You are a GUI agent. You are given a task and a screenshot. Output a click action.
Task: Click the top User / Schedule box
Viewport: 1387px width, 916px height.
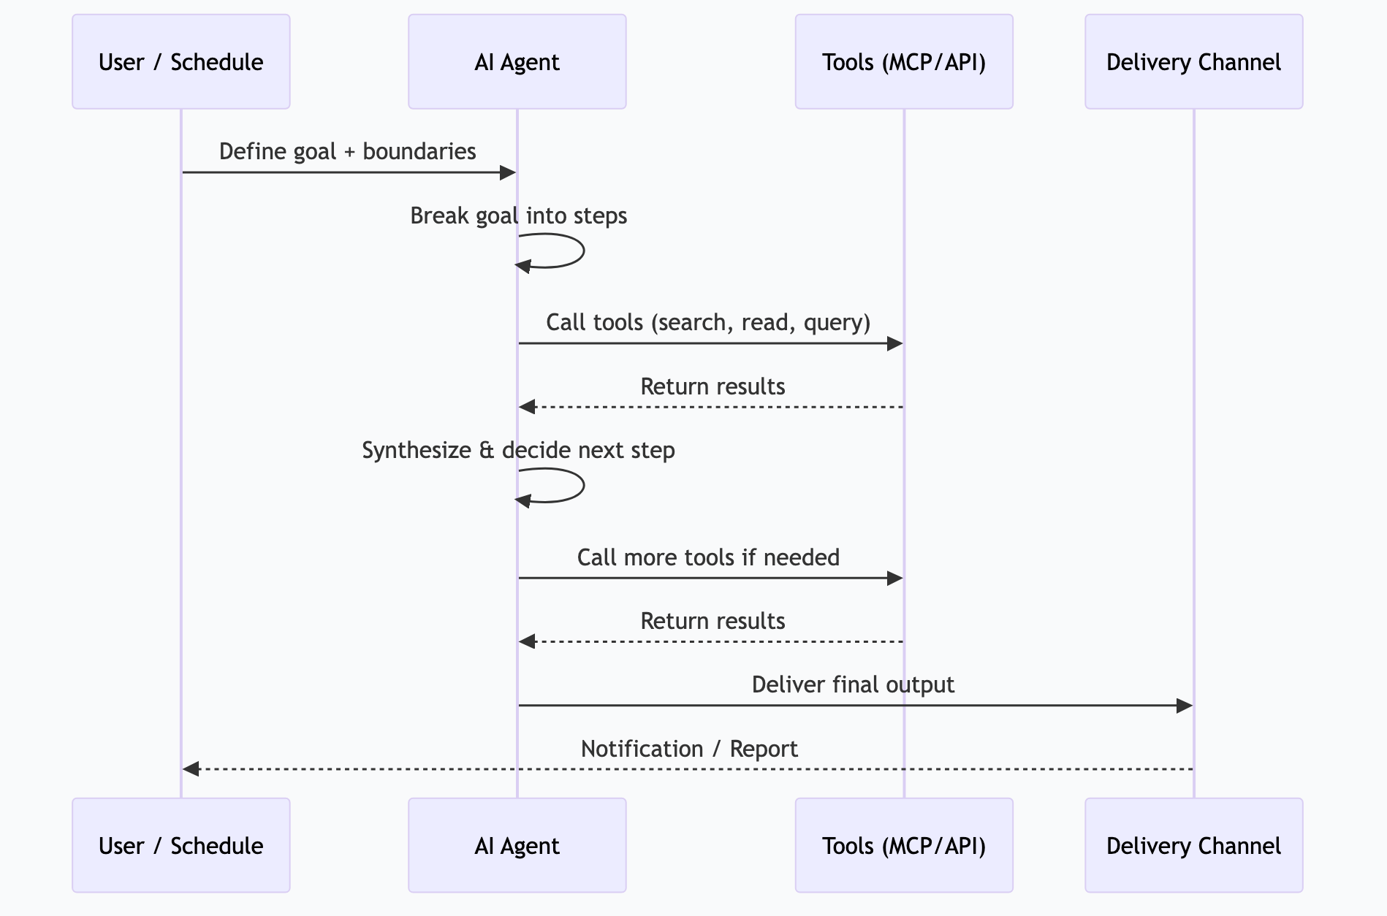pyautogui.click(x=180, y=62)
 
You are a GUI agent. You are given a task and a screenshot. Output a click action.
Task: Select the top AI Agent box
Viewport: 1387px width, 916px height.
pyautogui.click(x=517, y=62)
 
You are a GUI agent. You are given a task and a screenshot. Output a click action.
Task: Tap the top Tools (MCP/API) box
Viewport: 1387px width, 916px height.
pyautogui.click(x=904, y=62)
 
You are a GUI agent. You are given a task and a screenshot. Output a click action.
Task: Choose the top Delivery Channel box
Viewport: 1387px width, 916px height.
pyautogui.click(x=1193, y=62)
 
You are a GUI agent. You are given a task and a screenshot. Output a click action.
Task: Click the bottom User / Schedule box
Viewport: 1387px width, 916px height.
pyautogui.click(x=180, y=845)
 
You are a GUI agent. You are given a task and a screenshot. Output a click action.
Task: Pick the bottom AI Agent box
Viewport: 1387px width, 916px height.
pyautogui.click(x=517, y=845)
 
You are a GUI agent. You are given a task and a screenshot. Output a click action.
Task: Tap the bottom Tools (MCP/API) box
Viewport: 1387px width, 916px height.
pyautogui.click(x=904, y=845)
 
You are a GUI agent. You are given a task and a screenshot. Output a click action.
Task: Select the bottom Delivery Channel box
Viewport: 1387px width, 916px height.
pyautogui.click(x=1193, y=845)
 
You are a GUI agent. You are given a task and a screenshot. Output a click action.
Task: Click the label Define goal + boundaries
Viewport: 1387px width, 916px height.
pyautogui.click(x=347, y=151)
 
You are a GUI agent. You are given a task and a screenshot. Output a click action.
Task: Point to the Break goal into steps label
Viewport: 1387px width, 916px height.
pyautogui.click(x=518, y=215)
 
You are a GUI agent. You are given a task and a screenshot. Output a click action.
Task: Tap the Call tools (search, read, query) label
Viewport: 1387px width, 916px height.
pyautogui.click(x=707, y=322)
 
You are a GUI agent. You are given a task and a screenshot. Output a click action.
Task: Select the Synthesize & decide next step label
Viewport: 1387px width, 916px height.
pyautogui.click(x=518, y=450)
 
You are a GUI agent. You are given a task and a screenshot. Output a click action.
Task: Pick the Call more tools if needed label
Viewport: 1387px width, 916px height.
pyautogui.click(x=707, y=557)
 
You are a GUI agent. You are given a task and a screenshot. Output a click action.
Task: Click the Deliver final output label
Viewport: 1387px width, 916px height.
pyautogui.click(x=852, y=684)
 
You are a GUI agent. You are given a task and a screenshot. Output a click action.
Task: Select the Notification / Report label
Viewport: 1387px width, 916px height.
pyautogui.click(x=688, y=749)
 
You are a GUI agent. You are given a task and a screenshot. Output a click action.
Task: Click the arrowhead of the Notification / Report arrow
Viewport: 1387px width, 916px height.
pyautogui.click(x=191, y=769)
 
